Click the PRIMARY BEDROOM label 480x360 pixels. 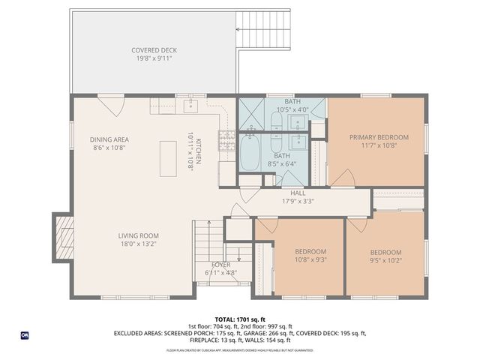379,137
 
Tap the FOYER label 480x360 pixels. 220,265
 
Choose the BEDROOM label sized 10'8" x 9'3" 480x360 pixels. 310,251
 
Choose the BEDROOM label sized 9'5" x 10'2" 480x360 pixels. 385,253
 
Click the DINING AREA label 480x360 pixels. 110,139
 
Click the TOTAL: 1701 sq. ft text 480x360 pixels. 239,319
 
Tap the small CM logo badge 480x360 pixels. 25,334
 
